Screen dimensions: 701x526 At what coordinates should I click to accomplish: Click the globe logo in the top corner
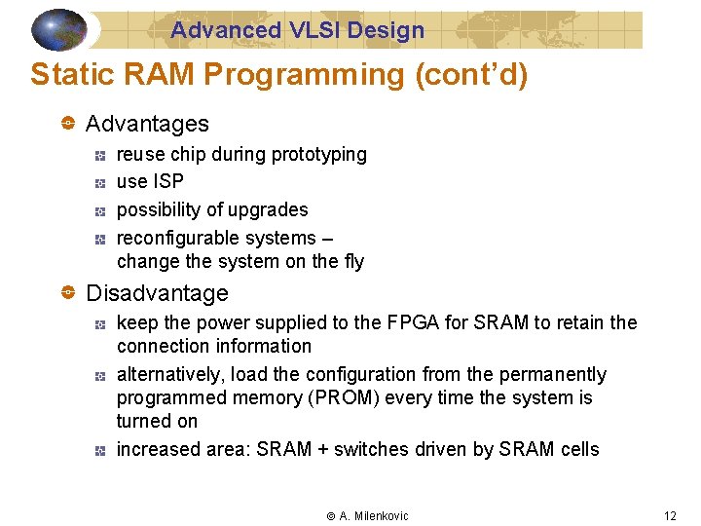pyautogui.click(x=59, y=29)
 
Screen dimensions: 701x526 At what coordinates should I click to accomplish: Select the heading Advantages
pyautogui.click(x=147, y=124)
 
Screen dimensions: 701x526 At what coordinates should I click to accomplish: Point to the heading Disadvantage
pyautogui.click(x=157, y=293)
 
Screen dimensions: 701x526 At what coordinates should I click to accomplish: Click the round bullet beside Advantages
pyautogui.click(x=68, y=124)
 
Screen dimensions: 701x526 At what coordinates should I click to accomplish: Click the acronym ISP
pyautogui.click(x=168, y=181)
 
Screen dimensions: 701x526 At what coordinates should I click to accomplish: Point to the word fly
pyautogui.click(x=352, y=261)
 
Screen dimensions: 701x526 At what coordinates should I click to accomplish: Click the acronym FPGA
pyautogui.click(x=409, y=322)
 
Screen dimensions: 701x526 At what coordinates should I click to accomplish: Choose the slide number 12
pyautogui.click(x=670, y=515)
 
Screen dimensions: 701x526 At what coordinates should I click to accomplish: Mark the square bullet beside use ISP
pyautogui.click(x=99, y=182)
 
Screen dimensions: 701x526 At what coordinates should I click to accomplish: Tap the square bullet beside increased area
pyautogui.click(x=99, y=450)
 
